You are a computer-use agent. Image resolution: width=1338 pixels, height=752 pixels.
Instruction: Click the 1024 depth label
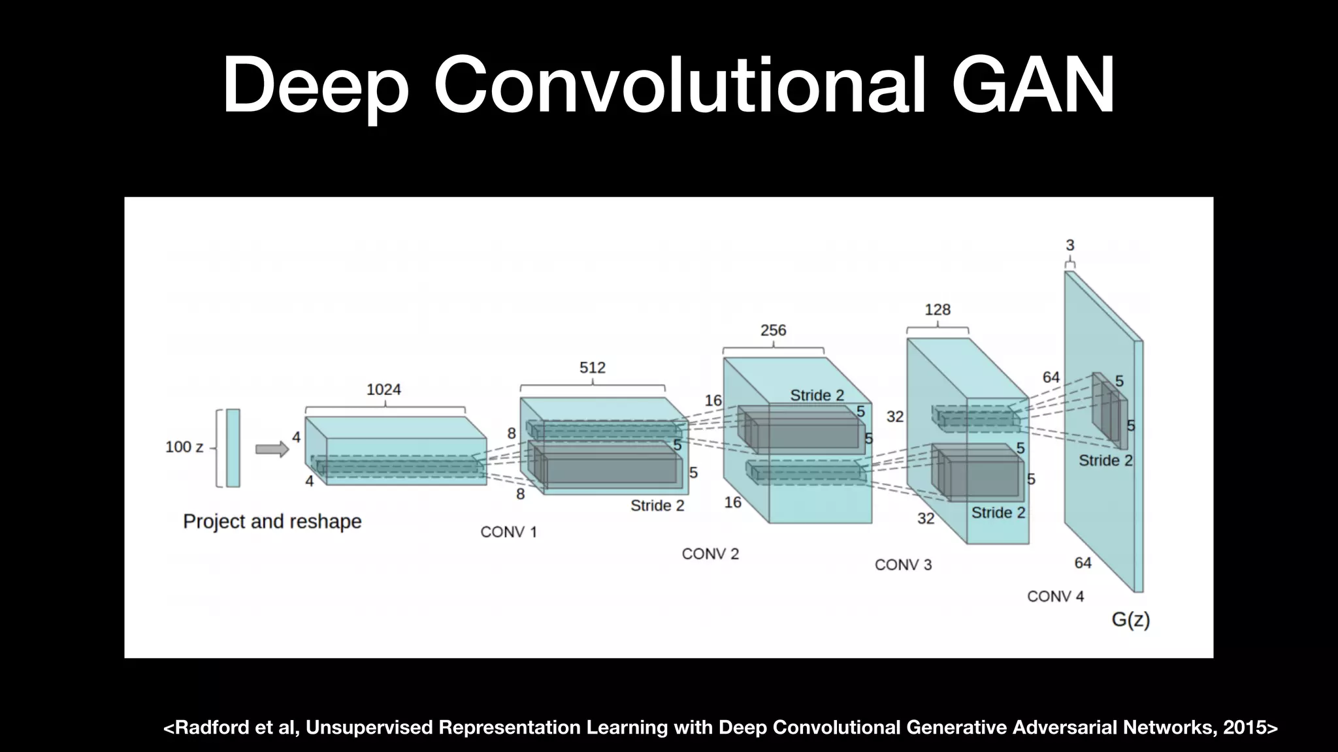coord(383,390)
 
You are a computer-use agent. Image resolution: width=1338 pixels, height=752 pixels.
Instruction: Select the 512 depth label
coord(592,368)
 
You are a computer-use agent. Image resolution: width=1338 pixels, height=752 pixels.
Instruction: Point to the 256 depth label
coord(773,330)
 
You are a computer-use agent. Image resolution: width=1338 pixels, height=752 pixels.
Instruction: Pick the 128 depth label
coord(937,309)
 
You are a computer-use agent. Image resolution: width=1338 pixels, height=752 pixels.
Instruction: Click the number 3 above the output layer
coord(1069,245)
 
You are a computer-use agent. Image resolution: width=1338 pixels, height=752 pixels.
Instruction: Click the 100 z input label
coord(184,447)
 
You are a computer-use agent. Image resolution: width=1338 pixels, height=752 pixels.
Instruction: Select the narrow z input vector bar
coord(233,448)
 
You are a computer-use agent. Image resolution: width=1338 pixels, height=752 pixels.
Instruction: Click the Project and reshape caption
coord(272,522)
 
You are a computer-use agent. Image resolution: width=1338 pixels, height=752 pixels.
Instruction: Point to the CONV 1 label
coord(508,532)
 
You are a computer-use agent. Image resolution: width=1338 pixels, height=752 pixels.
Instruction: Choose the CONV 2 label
coord(710,554)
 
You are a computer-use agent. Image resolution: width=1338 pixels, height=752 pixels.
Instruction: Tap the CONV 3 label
coord(903,565)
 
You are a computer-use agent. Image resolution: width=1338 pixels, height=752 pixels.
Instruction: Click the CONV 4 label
coord(1055,596)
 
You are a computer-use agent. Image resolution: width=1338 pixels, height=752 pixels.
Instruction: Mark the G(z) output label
coord(1130,619)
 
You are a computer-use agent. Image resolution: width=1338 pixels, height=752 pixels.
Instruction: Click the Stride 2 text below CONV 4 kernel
coord(1105,461)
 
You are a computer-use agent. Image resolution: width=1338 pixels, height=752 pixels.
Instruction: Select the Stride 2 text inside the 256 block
coord(817,396)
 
